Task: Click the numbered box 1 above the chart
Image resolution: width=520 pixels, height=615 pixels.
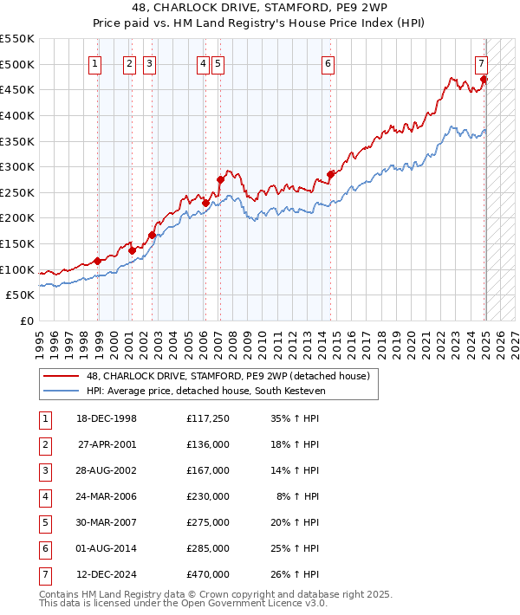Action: click(x=94, y=62)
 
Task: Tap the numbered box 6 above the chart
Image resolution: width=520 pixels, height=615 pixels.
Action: click(x=328, y=62)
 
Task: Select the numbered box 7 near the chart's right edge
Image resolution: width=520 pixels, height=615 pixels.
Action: click(x=481, y=62)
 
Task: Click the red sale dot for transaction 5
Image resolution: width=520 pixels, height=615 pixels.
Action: click(x=220, y=180)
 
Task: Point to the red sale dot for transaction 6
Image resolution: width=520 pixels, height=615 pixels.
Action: click(x=330, y=174)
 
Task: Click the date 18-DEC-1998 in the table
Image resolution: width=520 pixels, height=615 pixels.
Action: click(x=107, y=418)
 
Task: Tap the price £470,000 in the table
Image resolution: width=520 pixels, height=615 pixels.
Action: click(x=208, y=574)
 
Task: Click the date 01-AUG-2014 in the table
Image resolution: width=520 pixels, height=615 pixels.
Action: click(x=107, y=548)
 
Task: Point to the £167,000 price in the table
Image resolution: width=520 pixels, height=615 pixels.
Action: click(x=208, y=470)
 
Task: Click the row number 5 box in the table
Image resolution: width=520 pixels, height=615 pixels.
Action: click(x=43, y=522)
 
